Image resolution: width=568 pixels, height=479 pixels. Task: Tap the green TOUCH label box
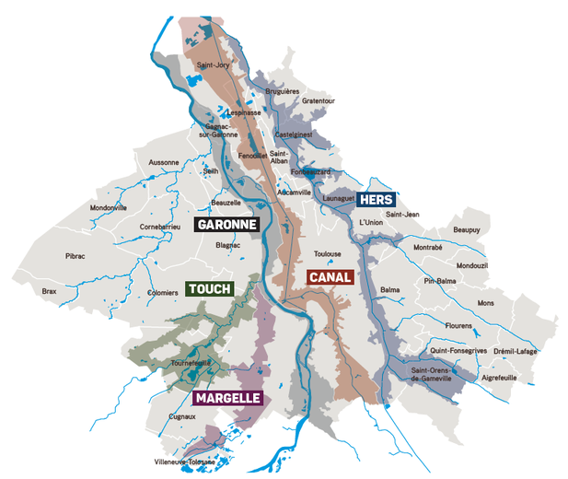click(x=210, y=288)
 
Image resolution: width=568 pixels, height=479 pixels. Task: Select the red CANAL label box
click(x=330, y=276)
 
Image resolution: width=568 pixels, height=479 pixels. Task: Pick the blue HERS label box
click(x=377, y=200)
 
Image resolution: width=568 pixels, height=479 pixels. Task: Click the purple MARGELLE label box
click(x=227, y=398)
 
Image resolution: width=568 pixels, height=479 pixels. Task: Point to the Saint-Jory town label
click(x=214, y=65)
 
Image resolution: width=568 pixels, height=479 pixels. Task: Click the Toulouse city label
click(x=328, y=253)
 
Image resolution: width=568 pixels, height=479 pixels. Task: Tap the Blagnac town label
click(x=227, y=246)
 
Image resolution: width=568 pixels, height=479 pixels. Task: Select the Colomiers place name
click(x=162, y=293)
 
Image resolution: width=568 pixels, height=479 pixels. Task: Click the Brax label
click(x=49, y=291)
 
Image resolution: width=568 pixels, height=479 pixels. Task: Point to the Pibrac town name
click(x=75, y=256)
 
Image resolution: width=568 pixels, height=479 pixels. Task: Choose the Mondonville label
click(x=108, y=207)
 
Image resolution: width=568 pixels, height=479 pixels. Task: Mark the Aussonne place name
click(x=163, y=161)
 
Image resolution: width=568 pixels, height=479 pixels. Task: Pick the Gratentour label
click(x=319, y=100)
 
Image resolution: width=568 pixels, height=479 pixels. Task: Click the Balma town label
click(x=390, y=288)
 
